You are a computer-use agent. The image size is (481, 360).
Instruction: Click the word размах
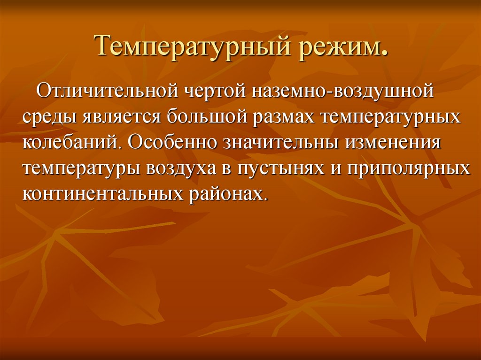(287, 116)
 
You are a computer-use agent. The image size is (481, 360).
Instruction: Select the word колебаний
(71, 142)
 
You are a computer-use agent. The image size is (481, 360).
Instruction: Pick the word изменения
(395, 142)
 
